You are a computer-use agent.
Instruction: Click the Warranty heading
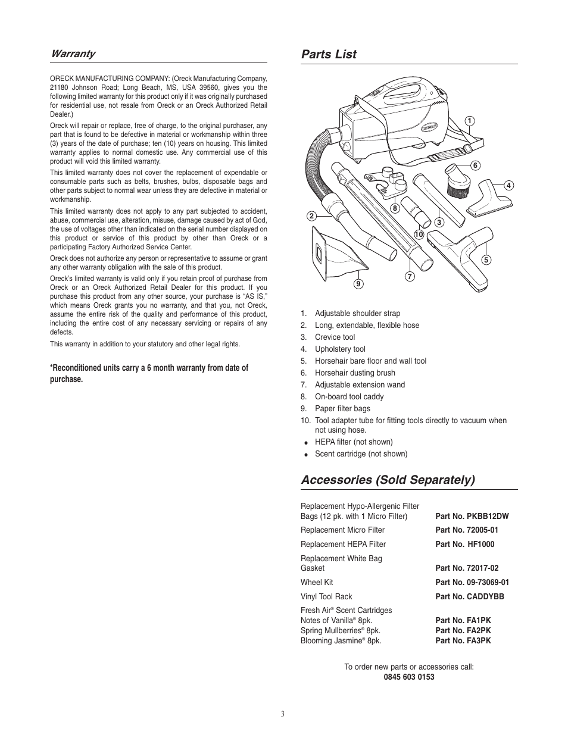[x=73, y=54]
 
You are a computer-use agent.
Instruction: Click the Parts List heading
[x=329, y=54]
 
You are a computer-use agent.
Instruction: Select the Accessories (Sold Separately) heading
[x=388, y=480]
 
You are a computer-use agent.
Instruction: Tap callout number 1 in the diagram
[x=469, y=121]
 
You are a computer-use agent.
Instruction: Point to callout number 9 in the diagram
[x=358, y=284]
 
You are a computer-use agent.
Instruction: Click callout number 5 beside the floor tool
[x=486, y=259]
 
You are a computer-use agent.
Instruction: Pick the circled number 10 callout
[x=419, y=234]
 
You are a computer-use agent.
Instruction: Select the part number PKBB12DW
[x=472, y=517]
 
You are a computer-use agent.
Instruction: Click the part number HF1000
[x=464, y=545]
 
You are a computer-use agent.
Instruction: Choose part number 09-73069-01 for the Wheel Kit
[x=472, y=583]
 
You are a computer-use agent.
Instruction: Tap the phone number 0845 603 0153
[x=409, y=677]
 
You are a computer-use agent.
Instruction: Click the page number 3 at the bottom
[x=283, y=714]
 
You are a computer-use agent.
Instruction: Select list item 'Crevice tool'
[x=335, y=337]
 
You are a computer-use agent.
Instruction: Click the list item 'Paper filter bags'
[x=342, y=409]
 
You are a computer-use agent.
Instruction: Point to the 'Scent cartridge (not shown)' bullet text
[x=361, y=454]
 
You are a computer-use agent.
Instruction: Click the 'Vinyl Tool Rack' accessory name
[x=326, y=597]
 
